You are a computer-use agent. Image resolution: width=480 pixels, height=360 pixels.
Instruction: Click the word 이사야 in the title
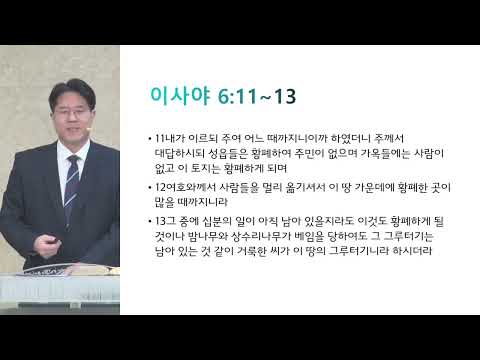(180, 96)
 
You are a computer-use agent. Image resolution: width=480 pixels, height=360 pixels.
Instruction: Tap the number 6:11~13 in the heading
(257, 97)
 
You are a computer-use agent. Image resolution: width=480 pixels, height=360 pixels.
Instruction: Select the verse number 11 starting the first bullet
(160, 138)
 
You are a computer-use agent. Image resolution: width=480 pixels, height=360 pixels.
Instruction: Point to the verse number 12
(161, 187)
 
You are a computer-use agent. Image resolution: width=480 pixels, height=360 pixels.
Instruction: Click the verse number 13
(161, 221)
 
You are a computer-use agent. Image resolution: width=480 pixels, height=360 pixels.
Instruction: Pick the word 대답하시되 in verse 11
(179, 153)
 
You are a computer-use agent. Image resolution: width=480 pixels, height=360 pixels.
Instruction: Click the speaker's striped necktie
(71, 187)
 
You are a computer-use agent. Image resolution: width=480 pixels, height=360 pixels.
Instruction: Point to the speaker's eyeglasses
(71, 113)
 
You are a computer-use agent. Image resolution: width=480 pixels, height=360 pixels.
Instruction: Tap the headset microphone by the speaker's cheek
(88, 129)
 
